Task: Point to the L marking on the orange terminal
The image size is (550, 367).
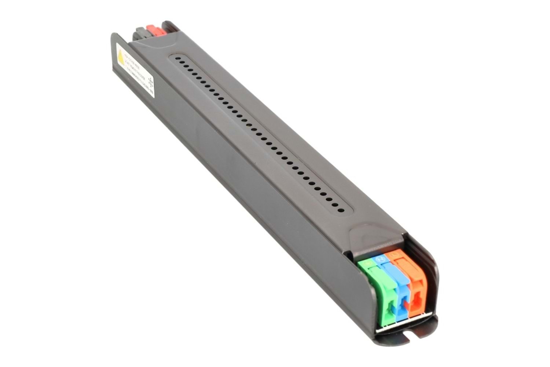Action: click(394, 253)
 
